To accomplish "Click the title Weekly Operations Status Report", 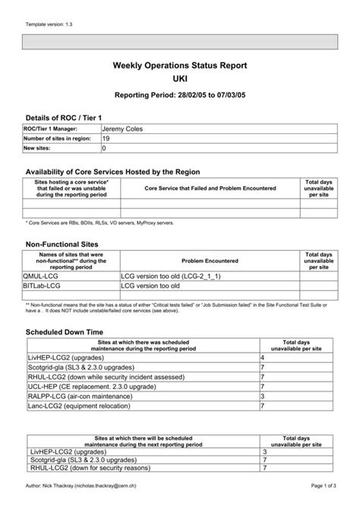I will pyautogui.click(x=180, y=67).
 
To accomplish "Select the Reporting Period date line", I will pyautogui.click(x=180, y=97).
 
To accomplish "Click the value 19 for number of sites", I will pyautogui.click(x=106, y=139).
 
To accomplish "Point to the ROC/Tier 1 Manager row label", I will pyautogui.click(x=51, y=130).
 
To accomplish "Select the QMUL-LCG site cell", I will pyautogui.click(x=44, y=277).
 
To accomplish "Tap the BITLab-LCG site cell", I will pyautogui.click(x=43, y=286).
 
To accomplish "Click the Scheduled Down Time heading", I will pyautogui.click(x=64, y=332).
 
